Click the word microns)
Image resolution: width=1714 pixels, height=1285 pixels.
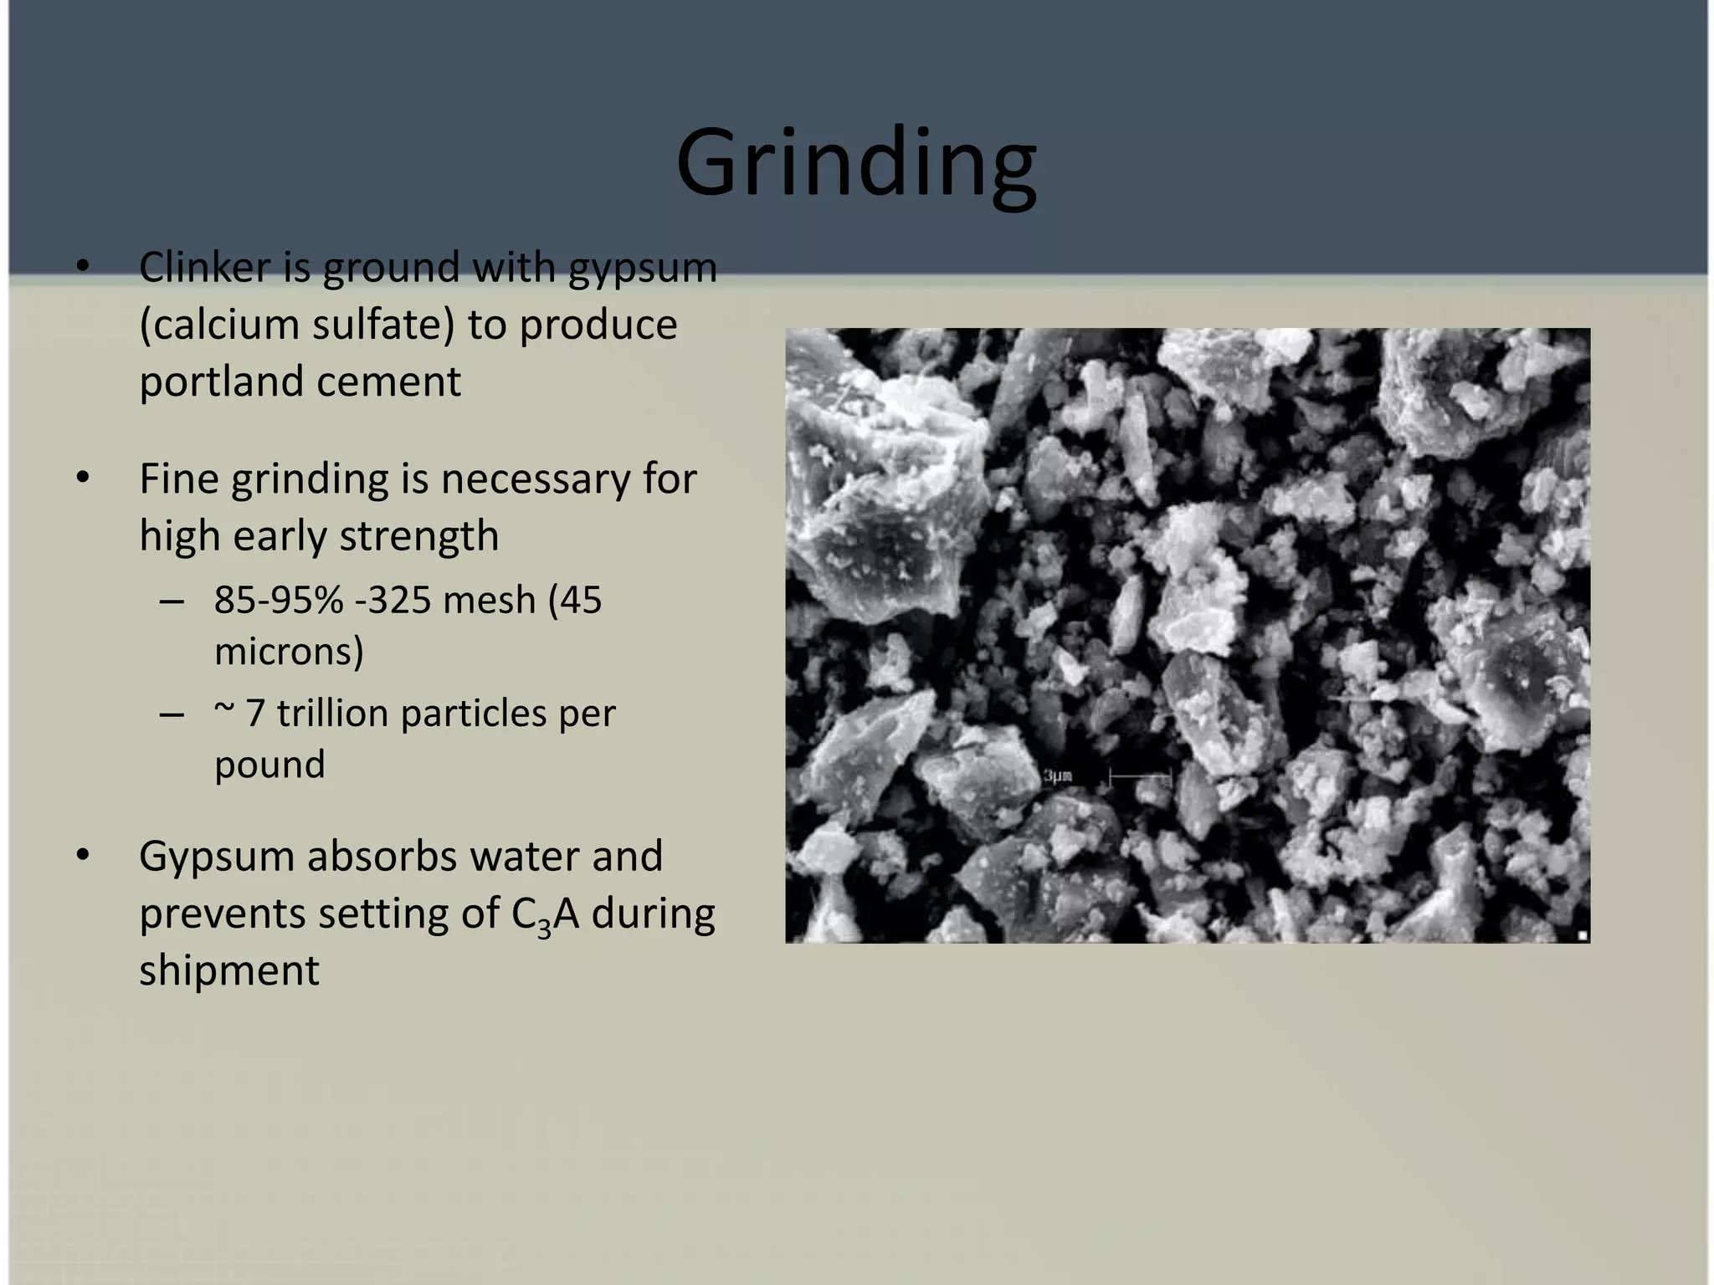(x=289, y=652)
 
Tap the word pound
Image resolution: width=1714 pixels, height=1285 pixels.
(x=269, y=765)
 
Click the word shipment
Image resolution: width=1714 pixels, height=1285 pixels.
(x=229, y=970)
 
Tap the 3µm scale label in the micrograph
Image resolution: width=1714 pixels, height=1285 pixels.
(x=1058, y=776)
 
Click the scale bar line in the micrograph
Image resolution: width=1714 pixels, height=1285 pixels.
(x=1139, y=778)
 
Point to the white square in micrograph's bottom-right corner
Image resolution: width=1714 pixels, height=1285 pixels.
(x=1582, y=936)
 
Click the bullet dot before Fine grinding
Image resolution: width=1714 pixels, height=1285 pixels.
(x=82, y=479)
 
